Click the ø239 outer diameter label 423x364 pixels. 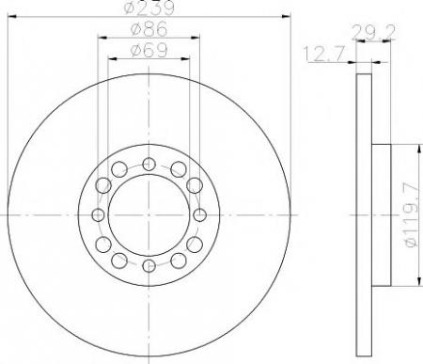point(149,8)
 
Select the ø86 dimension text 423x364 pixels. point(149,29)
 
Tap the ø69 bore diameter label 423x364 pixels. point(149,50)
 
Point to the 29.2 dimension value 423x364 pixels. point(373,32)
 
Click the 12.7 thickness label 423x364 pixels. point(324,54)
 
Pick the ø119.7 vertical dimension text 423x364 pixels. point(412,215)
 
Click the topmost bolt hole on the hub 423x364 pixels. point(149,164)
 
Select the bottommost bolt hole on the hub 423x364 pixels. point(149,266)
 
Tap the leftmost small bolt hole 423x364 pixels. point(98,215)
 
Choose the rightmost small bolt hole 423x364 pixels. point(200,215)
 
